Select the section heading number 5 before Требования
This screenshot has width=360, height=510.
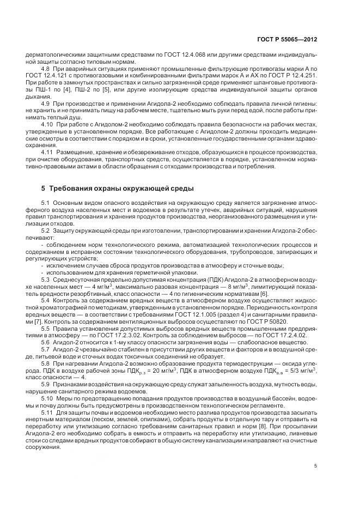click(x=44, y=189)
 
